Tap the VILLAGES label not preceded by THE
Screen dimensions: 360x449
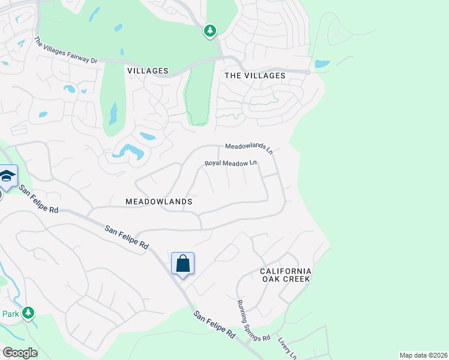pyautogui.click(x=148, y=71)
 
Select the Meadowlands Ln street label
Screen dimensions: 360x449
pyautogui.click(x=249, y=148)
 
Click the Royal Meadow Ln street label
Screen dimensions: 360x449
pyautogui.click(x=231, y=163)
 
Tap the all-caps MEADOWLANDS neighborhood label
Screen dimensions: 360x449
pyautogui.click(x=159, y=202)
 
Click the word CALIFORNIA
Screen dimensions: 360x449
pyautogui.click(x=286, y=271)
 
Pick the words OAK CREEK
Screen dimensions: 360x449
pyautogui.click(x=286, y=279)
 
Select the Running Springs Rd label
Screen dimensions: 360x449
pyautogui.click(x=253, y=322)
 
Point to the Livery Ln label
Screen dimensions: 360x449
pyautogui.click(x=288, y=348)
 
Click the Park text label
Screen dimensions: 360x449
pyautogui.click(x=10, y=314)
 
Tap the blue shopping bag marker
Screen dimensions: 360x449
pyautogui.click(x=182, y=263)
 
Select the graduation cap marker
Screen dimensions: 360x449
pyautogui.click(x=7, y=176)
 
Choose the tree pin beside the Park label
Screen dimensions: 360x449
pyautogui.click(x=28, y=313)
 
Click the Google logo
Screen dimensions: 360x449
pyautogui.click(x=20, y=353)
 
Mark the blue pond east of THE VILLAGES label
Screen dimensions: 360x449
pyautogui.click(x=322, y=64)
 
